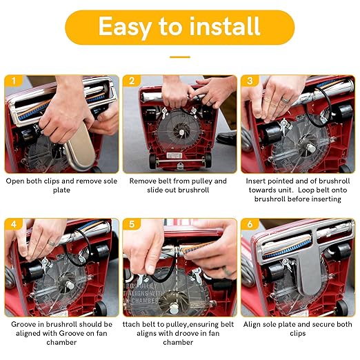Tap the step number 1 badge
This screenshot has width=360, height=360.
[14, 81]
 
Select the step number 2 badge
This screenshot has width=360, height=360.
[132, 81]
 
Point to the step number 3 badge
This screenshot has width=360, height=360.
[250, 81]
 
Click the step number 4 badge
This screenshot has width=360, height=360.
[14, 223]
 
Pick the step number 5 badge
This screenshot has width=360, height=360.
[132, 223]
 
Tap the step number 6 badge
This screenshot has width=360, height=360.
[250, 223]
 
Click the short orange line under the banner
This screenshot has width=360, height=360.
[180, 57]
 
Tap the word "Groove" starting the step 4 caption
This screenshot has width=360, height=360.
[22, 324]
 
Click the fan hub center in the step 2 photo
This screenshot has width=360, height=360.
[181, 132]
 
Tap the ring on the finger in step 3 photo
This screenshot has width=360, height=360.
[286, 100]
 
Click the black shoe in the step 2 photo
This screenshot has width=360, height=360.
[226, 139]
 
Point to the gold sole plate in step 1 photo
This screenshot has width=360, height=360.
[81, 147]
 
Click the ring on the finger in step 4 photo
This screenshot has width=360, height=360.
[51, 243]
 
